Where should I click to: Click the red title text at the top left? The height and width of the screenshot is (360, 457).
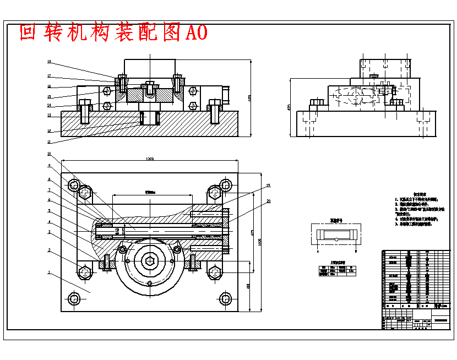[x=113, y=32]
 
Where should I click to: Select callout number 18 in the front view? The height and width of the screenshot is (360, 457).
[x=49, y=62]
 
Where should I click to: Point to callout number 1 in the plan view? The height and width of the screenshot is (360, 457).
[x=49, y=272]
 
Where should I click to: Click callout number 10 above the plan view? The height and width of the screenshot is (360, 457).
[x=49, y=154]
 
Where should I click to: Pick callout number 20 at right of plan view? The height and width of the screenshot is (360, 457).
[x=269, y=201]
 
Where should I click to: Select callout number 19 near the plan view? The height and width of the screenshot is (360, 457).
[x=269, y=186]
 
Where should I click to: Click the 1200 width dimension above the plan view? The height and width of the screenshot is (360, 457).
[x=149, y=159]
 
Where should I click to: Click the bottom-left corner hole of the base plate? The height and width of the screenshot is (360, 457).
[x=73, y=299]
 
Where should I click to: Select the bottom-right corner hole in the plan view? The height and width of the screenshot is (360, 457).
[x=225, y=299]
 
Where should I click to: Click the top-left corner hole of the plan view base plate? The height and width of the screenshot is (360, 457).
[x=73, y=184]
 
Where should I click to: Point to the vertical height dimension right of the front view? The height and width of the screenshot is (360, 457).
[x=249, y=99]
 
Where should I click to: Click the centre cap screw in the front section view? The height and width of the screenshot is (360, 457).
[x=149, y=88]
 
